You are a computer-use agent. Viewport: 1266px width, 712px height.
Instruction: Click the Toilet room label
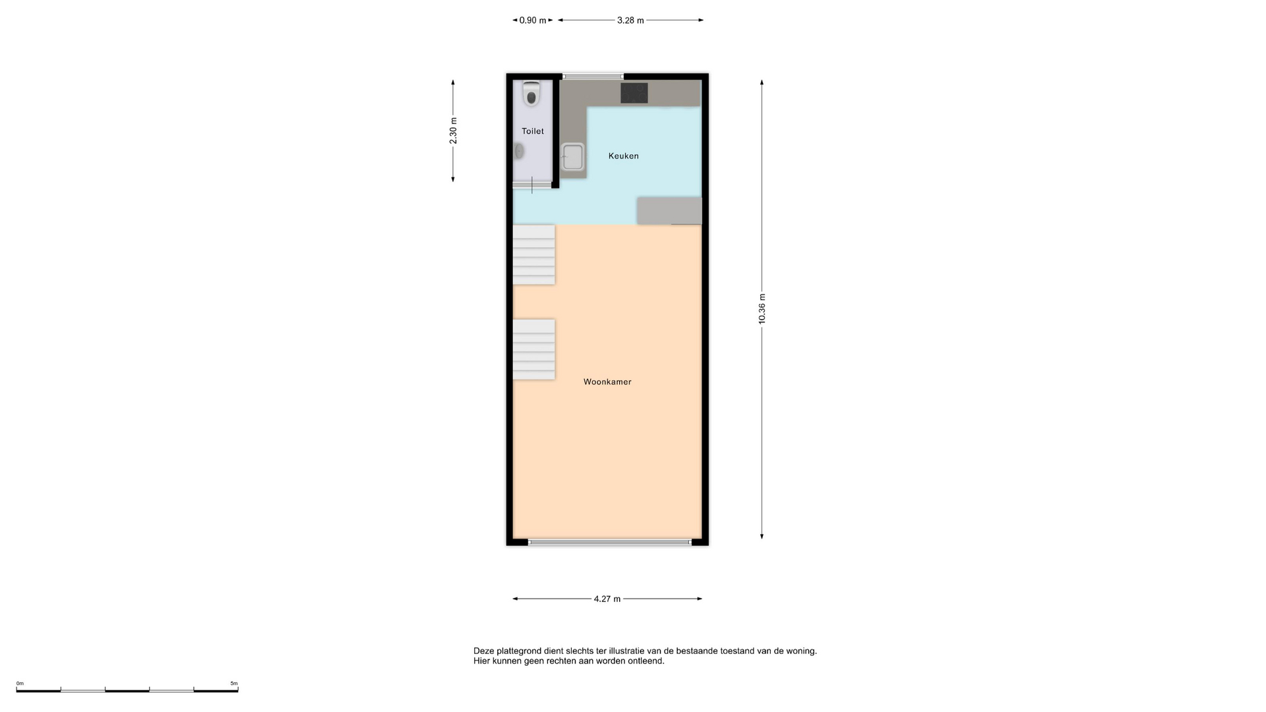[533, 131]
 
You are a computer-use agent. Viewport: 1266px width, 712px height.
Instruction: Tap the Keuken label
[623, 156]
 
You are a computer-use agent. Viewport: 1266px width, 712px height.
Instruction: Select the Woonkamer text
[607, 382]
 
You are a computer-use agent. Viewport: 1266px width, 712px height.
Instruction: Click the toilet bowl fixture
[531, 94]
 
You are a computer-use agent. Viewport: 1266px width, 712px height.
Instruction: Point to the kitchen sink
[572, 157]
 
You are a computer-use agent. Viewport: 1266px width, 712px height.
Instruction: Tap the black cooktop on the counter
[634, 93]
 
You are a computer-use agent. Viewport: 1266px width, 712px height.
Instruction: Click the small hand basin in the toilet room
[519, 151]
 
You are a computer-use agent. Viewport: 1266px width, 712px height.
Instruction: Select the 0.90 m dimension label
[533, 20]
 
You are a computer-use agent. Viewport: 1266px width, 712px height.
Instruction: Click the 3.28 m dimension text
[630, 20]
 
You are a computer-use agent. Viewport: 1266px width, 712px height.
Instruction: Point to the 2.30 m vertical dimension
[453, 131]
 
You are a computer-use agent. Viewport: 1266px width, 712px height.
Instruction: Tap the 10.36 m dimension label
[762, 309]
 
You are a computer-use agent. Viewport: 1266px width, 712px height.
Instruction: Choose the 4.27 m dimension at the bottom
[607, 599]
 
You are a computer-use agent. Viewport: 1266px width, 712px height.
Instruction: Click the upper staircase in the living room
[533, 254]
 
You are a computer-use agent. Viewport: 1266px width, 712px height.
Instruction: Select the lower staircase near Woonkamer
[533, 349]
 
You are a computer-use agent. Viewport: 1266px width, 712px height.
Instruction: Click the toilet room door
[532, 185]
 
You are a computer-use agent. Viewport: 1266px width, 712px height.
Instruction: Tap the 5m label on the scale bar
[234, 684]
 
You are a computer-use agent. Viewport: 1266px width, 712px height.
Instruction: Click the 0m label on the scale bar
[20, 684]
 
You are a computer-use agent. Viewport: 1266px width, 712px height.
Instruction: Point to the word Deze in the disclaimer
[483, 651]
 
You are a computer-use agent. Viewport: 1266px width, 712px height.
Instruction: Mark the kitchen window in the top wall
[593, 76]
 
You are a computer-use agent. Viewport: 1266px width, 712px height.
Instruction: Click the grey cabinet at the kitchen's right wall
[669, 210]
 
